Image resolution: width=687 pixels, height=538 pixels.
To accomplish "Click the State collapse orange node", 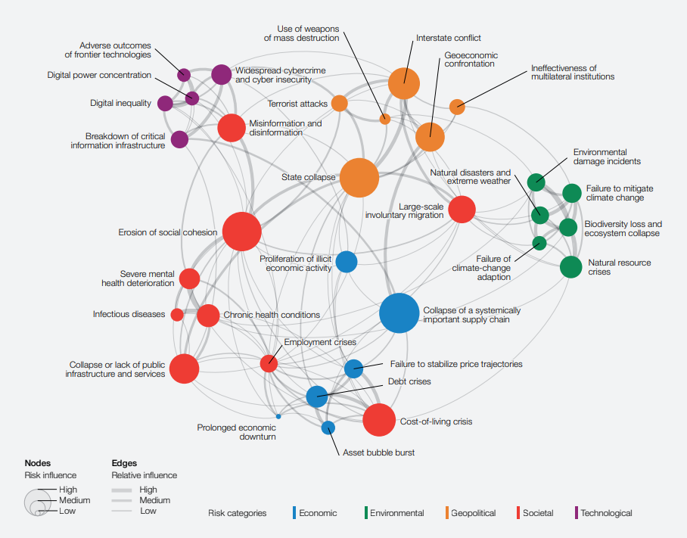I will (359, 178).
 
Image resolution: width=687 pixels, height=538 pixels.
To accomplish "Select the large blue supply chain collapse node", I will (399, 313).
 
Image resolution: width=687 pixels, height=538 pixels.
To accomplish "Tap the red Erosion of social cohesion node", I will (242, 232).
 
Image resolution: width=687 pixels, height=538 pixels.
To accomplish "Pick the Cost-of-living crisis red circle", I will (379, 420).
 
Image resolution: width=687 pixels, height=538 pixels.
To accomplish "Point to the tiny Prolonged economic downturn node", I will (278, 416).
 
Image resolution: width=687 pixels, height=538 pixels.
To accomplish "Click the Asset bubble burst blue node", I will (328, 428).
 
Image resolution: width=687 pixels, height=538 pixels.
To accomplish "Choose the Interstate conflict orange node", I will (404, 82).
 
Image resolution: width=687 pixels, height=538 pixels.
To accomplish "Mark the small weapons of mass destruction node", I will (384, 119).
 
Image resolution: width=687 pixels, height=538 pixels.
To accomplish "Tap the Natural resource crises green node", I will (570, 267).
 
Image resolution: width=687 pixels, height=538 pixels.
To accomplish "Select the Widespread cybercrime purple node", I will (221, 74).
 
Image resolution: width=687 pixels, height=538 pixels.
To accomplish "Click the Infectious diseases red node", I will (177, 314).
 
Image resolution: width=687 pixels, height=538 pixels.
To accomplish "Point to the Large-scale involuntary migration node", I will (462, 210).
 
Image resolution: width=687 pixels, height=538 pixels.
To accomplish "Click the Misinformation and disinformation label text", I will (285, 128).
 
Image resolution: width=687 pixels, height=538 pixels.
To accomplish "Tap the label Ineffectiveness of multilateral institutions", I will (573, 73).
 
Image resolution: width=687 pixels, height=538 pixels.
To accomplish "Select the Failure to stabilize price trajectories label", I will (456, 364).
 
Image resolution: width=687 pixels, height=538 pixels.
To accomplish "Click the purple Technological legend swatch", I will (577, 513).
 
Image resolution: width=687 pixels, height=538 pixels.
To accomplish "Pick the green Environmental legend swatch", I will (365, 513).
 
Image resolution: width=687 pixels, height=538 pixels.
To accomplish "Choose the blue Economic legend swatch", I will (294, 513).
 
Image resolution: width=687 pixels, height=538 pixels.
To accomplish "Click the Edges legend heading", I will (124, 462).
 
